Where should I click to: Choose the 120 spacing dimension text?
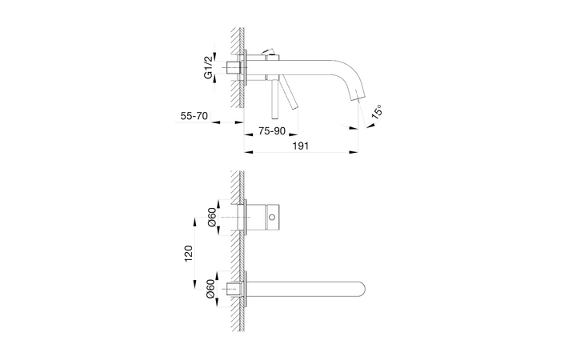click(189, 254)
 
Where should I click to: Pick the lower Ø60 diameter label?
click(211, 290)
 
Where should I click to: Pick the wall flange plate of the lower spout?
click(252, 288)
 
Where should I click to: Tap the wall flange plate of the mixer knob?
click(252, 217)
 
